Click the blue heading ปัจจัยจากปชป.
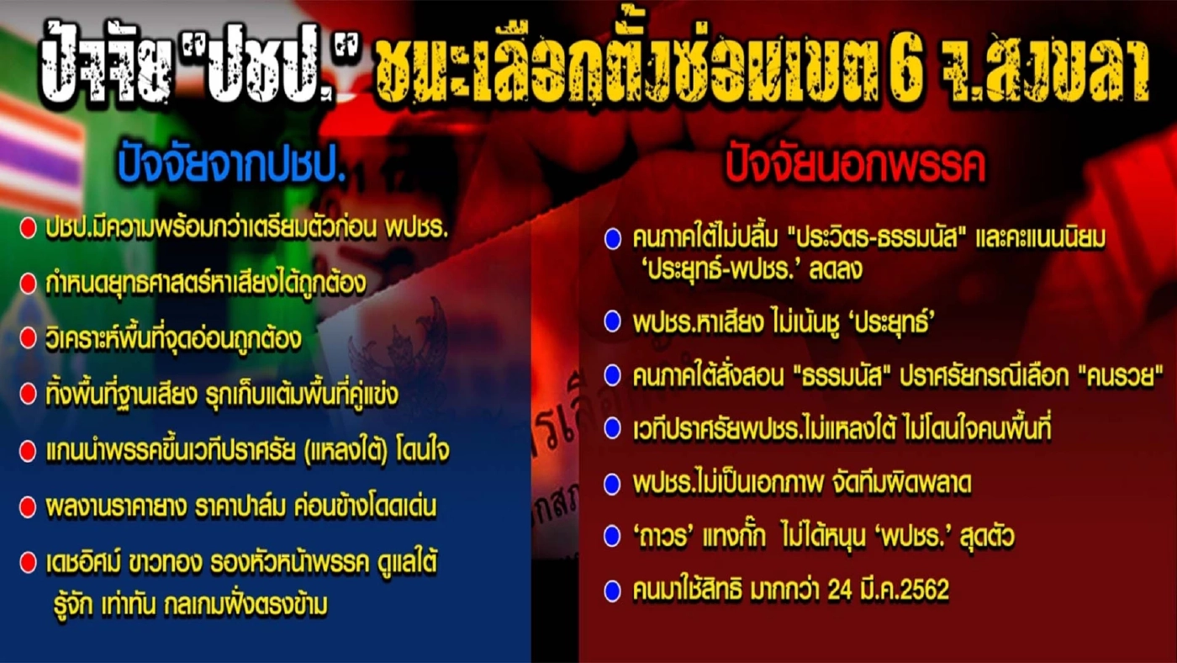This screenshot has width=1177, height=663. (232, 168)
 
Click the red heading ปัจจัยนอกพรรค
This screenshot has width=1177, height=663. (855, 168)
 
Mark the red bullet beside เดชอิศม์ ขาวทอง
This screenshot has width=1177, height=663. (28, 562)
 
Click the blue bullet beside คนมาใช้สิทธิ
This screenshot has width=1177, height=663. (612, 591)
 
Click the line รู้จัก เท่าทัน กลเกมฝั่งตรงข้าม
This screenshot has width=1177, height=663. (187, 604)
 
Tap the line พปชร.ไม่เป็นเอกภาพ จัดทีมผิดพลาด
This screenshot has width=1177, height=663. (790, 483)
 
